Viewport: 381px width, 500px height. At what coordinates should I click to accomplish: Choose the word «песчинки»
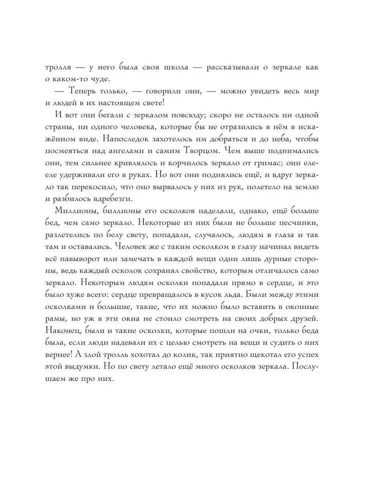tap(298, 236)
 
